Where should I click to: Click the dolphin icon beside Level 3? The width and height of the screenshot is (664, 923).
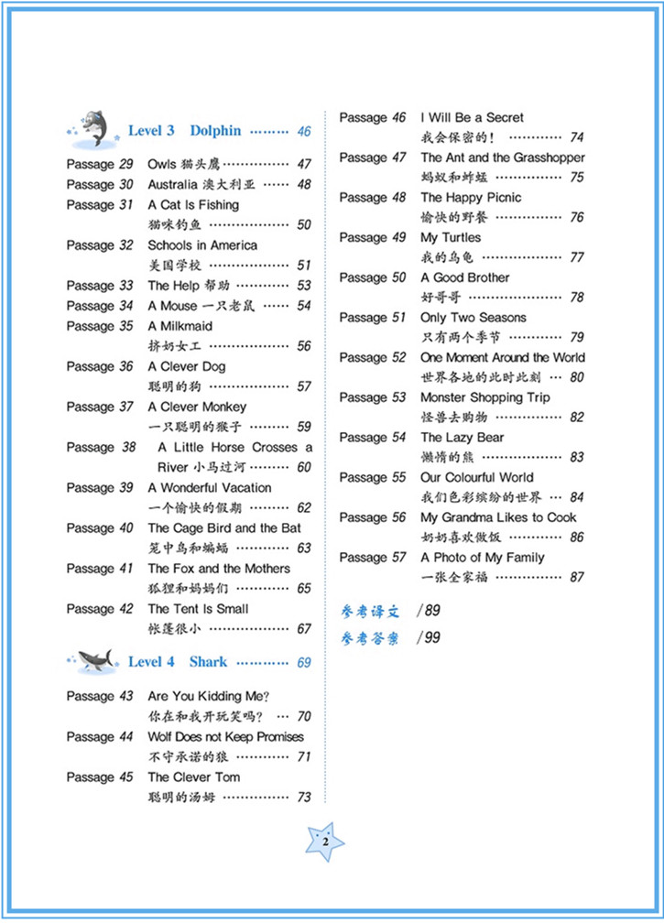pyautogui.click(x=92, y=129)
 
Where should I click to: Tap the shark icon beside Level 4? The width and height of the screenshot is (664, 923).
pyautogui.click(x=94, y=660)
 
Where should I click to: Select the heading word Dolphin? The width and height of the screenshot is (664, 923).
pyautogui.click(x=215, y=131)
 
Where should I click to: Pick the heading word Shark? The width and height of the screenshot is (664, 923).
pyautogui.click(x=208, y=662)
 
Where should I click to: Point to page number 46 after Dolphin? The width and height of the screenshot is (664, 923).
pyautogui.click(x=303, y=132)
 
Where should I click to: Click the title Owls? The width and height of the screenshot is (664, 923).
pyautogui.click(x=162, y=165)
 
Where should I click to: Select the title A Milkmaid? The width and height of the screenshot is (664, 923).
pyautogui.click(x=180, y=326)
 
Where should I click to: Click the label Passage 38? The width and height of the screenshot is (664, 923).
pyautogui.click(x=101, y=448)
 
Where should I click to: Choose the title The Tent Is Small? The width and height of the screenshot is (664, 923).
pyautogui.click(x=198, y=609)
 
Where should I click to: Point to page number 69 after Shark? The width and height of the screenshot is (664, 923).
pyautogui.click(x=303, y=663)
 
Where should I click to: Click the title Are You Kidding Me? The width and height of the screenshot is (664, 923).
pyautogui.click(x=208, y=697)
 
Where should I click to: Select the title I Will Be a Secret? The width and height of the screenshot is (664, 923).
pyautogui.click(x=472, y=118)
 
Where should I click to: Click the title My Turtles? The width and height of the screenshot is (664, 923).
pyautogui.click(x=451, y=238)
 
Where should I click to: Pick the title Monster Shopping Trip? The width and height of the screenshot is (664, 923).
pyautogui.click(x=484, y=397)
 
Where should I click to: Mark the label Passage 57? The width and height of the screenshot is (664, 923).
pyautogui.click(x=373, y=558)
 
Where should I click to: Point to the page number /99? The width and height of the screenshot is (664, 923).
pyautogui.click(x=427, y=637)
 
